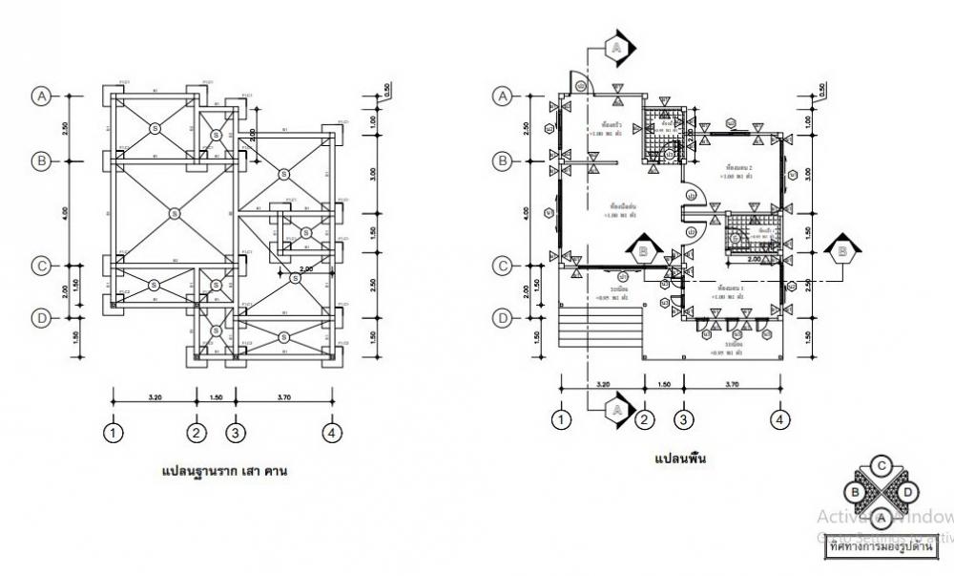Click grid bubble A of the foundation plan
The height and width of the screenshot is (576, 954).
[41, 96]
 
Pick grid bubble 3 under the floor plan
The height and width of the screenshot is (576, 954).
[683, 419]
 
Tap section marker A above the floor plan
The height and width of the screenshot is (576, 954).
[616, 47]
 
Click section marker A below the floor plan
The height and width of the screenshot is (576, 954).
[616, 409]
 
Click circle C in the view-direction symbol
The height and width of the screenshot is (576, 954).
[882, 465]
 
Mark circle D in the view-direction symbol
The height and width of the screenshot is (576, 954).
[907, 491]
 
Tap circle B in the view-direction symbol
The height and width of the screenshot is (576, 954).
[858, 492]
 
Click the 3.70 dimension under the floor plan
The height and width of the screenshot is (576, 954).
[732, 385]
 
